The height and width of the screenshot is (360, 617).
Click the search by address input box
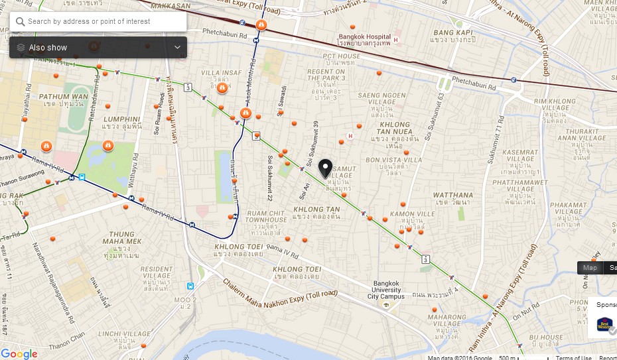coord(100,21)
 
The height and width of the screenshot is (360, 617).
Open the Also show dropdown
coord(98,48)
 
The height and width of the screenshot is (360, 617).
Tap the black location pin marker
coord(325,168)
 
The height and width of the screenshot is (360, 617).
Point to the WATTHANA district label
coord(453,196)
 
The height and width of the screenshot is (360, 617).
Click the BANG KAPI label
coord(452,32)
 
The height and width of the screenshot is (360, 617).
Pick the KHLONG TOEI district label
coord(297,269)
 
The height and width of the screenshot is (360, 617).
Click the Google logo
coord(19,353)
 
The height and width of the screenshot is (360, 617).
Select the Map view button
coord(590,268)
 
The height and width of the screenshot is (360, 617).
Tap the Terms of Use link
coord(573,358)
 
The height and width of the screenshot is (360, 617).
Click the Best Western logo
coord(604,324)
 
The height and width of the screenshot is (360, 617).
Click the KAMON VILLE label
coord(412,214)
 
